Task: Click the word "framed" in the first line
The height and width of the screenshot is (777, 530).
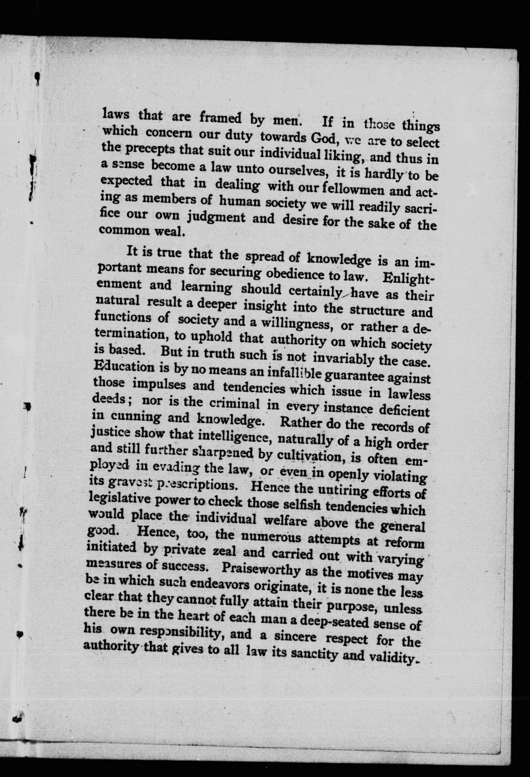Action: tap(220, 118)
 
